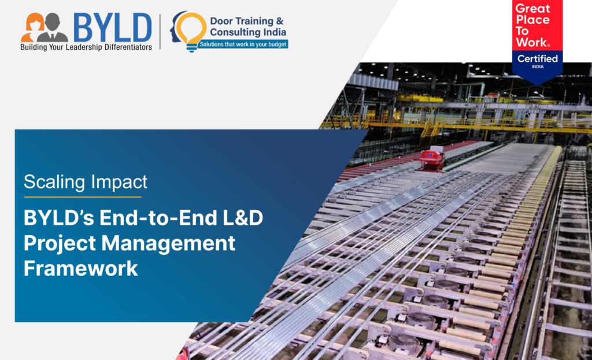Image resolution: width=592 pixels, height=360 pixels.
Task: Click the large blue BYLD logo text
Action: coord(113,28)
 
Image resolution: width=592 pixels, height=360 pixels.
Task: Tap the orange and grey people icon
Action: coord(44,28)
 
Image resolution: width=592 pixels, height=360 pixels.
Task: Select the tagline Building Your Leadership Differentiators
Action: coord(86,47)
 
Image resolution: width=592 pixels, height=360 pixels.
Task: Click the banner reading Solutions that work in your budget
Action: coord(243,44)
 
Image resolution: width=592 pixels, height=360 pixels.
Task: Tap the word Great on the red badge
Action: coord(532,9)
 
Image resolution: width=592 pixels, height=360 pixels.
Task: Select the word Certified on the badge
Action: coord(537,58)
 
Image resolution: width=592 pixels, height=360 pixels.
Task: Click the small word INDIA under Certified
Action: coord(537,67)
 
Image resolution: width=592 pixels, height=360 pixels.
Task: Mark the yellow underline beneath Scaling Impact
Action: coord(83,196)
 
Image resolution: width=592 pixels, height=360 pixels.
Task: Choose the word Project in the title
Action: coord(60,243)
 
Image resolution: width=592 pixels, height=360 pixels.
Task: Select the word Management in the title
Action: coord(168,243)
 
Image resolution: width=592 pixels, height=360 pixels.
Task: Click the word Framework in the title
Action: coord(81,268)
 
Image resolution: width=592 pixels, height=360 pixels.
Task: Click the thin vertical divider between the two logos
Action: coord(160,32)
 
